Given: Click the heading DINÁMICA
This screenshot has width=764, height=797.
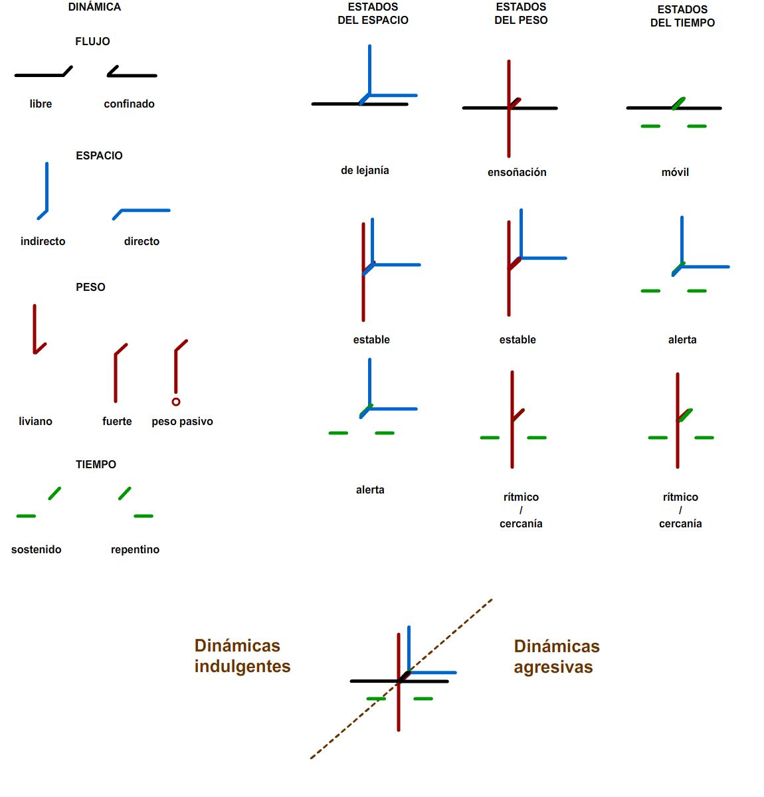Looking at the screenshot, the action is pos(94,7).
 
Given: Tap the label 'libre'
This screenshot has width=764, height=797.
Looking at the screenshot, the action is pos(41,104).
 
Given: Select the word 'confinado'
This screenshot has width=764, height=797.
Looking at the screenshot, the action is pos(129,104).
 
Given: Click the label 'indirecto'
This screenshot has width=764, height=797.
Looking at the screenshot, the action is pos(43,241).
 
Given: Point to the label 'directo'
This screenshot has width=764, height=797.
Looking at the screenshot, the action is pos(142,241).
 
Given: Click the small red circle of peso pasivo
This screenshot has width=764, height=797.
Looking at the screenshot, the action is pos(176,401).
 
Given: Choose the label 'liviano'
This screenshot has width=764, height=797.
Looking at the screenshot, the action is pos(36,421).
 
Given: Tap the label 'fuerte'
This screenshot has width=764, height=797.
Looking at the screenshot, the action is pos(117,421).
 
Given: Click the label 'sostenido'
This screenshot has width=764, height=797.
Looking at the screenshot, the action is pos(36,549).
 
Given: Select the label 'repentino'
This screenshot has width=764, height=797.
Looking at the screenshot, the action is pos(135,549).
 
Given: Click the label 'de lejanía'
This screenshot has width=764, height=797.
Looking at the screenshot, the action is pos(365,170).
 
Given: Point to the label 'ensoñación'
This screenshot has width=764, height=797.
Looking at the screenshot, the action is pos(517,172).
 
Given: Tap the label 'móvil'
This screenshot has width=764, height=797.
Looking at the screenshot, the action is pos(675,172).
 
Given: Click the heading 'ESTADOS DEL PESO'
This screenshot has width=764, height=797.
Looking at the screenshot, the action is pos(521,13).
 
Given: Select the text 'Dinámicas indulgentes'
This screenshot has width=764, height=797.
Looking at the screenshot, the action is pos(242,656).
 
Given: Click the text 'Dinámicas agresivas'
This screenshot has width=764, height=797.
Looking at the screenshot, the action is pos(557,656).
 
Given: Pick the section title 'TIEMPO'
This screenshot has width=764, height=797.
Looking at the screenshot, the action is pos(96,464).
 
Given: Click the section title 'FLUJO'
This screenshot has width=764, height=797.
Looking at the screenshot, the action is pos(92,41).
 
